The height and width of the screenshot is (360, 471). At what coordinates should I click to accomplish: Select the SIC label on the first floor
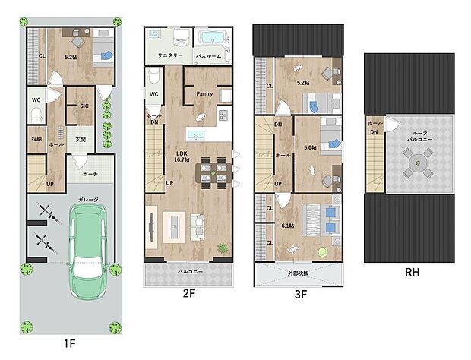coord(84,107)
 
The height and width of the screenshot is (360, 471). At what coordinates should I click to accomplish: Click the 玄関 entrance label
coord(81,139)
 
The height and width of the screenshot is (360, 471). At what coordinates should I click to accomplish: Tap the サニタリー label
coord(169,56)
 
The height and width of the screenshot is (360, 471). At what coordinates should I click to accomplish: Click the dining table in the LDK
coord(209,171)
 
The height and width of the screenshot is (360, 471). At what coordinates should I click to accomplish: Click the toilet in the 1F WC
coord(36,115)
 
